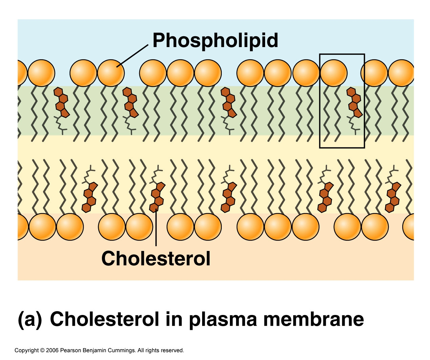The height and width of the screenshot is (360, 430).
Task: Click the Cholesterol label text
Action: (x=156, y=258)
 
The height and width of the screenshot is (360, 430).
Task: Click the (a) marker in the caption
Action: (x=30, y=319)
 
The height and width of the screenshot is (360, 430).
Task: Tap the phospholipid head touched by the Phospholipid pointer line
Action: (x=111, y=73)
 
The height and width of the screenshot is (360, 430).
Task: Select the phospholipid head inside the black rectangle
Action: (x=334, y=73)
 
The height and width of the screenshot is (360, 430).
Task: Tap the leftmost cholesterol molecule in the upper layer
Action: (x=62, y=103)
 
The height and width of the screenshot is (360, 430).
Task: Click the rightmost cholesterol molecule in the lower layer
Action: (x=393, y=197)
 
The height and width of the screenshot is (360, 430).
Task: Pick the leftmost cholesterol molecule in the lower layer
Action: (x=89, y=197)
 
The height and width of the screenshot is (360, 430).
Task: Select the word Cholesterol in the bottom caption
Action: (x=104, y=319)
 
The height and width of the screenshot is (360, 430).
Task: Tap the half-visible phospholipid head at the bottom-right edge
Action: (x=409, y=227)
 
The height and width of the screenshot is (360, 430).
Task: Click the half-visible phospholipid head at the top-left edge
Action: (x=22, y=73)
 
